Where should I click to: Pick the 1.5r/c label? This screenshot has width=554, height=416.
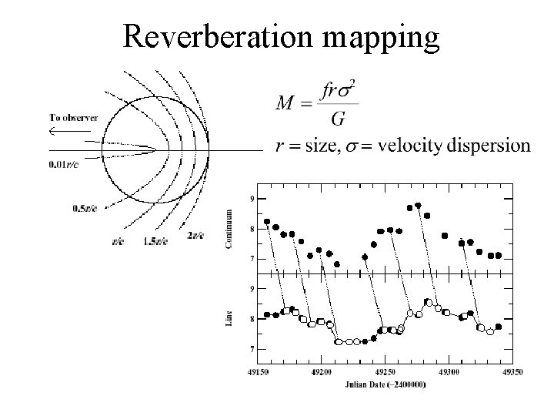tap(155, 241)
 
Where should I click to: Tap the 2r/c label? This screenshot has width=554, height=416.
tap(195, 234)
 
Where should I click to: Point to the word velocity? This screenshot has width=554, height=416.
tap(413, 145)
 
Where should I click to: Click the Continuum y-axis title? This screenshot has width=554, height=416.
tap(228, 228)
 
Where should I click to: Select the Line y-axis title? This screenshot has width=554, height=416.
tap(229, 317)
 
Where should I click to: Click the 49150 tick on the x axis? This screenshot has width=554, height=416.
tap(257, 371)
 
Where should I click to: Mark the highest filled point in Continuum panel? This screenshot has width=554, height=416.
tap(418, 206)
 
